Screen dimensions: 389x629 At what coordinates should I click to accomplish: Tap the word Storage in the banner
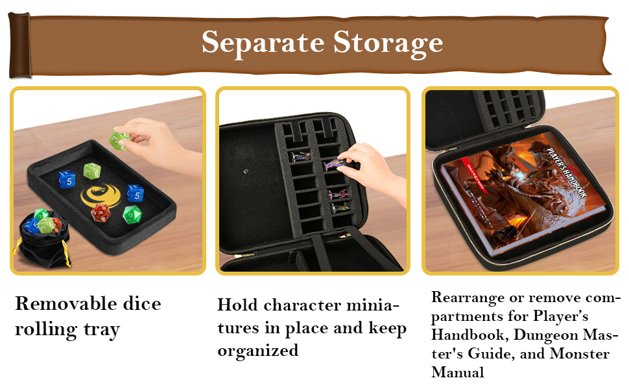click(388, 43)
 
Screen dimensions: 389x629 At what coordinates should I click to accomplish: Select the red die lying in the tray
click(101, 212)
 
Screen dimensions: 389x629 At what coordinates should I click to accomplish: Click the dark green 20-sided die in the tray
click(132, 214)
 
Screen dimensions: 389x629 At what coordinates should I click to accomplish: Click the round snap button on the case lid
click(246, 171)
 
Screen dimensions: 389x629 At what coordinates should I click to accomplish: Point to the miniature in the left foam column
click(301, 156)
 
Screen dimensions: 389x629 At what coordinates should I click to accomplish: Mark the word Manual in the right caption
click(458, 373)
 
